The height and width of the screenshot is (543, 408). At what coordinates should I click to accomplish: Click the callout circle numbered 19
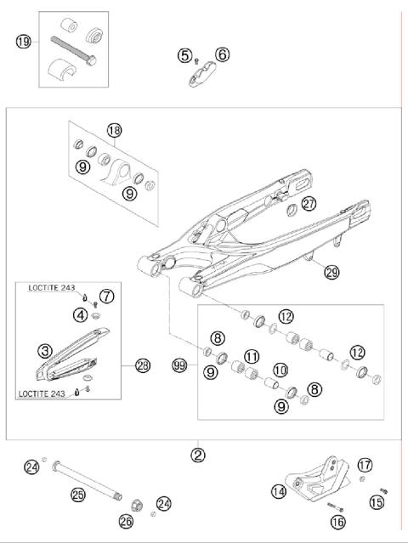click(23, 40)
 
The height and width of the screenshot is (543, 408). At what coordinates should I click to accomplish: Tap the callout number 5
click(184, 55)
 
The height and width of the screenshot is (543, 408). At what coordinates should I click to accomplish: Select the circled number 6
click(223, 55)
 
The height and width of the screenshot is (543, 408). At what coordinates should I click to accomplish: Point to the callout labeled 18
click(115, 131)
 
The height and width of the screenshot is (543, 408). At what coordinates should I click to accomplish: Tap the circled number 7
click(106, 296)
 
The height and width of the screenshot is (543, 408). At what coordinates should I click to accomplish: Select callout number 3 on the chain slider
click(42, 348)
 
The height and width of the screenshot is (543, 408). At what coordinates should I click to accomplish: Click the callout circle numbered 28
click(142, 366)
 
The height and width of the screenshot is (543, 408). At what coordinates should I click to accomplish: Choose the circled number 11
click(252, 355)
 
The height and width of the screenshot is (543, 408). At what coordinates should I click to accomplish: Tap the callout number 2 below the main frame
click(198, 455)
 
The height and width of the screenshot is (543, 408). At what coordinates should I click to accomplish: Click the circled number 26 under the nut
click(127, 521)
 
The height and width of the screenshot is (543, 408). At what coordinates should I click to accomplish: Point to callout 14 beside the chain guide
click(278, 490)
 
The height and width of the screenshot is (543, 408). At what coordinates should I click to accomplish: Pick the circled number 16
click(337, 521)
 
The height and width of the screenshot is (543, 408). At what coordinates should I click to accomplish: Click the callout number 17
click(365, 465)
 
